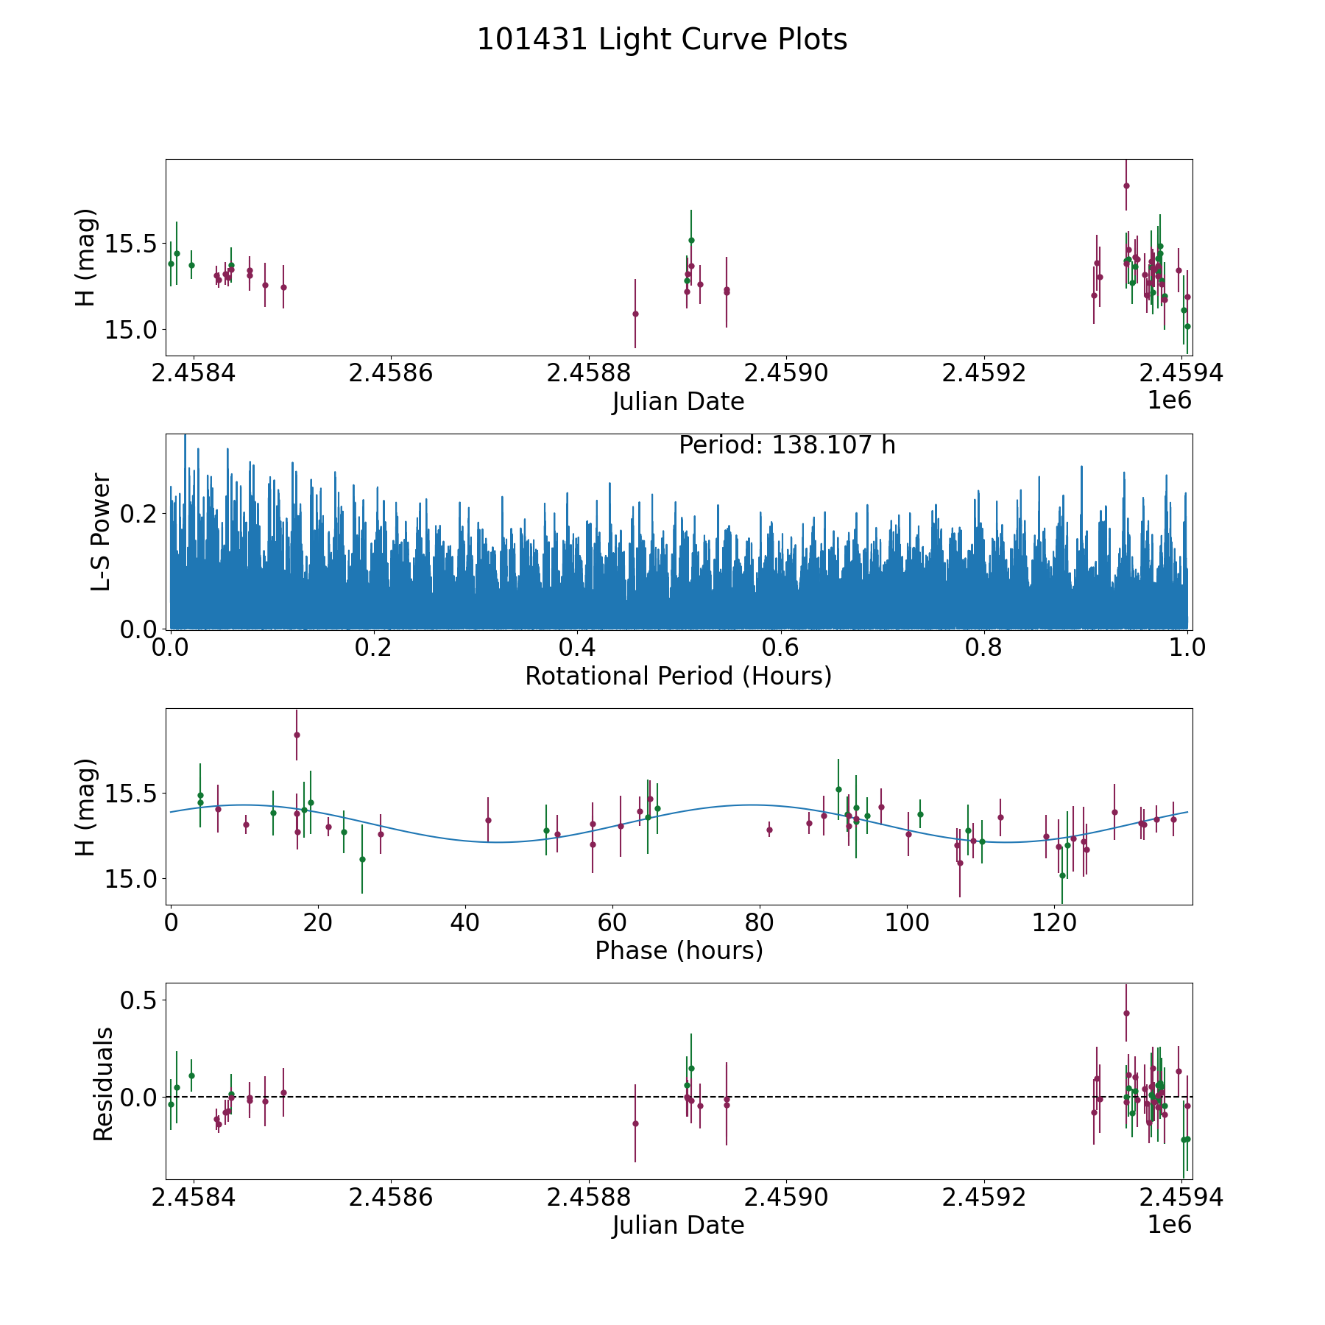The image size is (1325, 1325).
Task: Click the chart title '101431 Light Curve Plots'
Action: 662,40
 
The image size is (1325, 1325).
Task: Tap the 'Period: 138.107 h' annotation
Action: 787,445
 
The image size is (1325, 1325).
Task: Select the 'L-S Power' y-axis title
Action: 101,531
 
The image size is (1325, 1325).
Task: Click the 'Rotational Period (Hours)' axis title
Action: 678,676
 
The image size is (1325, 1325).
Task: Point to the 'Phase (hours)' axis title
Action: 678,950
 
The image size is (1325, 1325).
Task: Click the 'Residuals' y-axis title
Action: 103,1084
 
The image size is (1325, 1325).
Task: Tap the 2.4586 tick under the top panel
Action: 390,373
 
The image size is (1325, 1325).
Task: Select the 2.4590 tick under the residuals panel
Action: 786,1198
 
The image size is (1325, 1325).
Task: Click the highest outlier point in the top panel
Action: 1126,185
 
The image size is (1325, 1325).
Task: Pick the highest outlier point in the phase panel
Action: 297,735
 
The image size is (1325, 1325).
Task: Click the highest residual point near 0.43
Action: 1126,1013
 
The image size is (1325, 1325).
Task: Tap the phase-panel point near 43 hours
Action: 488,820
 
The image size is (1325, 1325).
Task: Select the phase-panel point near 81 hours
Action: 769,830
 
